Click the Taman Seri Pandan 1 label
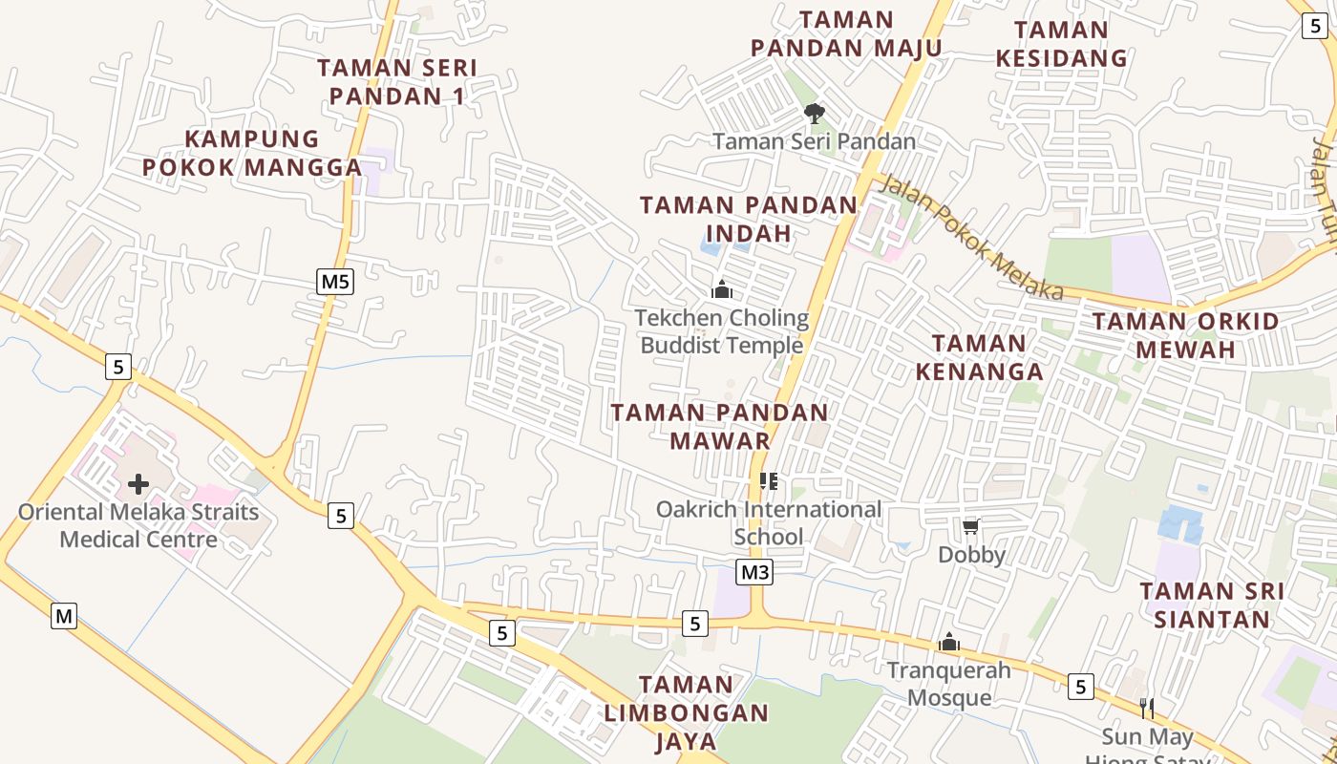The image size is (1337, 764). [x=396, y=82]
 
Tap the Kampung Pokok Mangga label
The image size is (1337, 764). [x=252, y=153]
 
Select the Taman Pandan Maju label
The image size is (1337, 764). [x=846, y=34]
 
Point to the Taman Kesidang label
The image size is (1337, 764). [x=1061, y=44]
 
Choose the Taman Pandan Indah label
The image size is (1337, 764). [x=749, y=219]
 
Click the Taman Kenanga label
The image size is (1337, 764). [x=979, y=356]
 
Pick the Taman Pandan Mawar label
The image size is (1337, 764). [x=720, y=426]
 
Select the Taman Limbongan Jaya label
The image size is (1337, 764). [x=686, y=712]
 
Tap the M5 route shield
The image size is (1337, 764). [x=335, y=282]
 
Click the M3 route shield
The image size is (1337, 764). [x=754, y=572]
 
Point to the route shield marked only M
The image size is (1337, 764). [x=64, y=616]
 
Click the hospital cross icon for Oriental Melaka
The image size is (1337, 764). [x=138, y=484]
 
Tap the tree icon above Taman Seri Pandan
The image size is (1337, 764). [x=814, y=115]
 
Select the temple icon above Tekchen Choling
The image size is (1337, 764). [x=722, y=288]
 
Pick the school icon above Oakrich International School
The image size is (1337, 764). [x=769, y=481]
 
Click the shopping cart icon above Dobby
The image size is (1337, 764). [x=971, y=527]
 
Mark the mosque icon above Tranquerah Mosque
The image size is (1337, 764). [x=948, y=643]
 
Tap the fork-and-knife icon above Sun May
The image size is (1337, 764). [x=1147, y=709]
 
